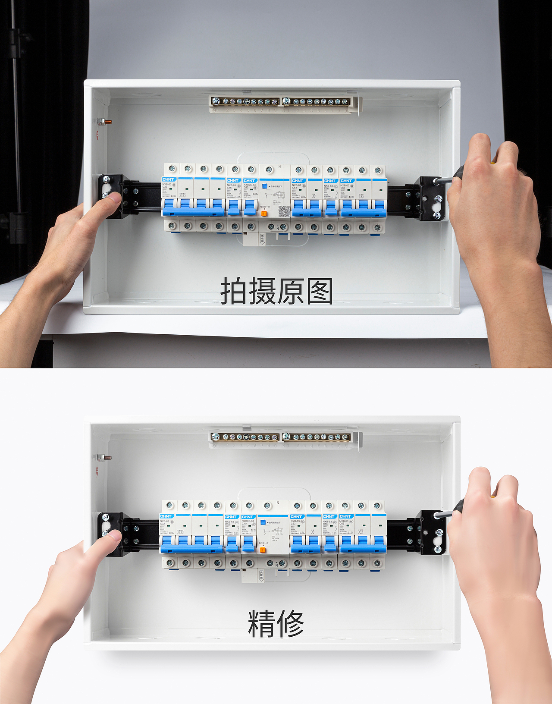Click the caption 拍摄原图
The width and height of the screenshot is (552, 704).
click(x=276, y=291)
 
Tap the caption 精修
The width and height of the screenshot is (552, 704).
click(x=276, y=623)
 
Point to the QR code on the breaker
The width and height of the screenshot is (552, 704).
click(x=283, y=211)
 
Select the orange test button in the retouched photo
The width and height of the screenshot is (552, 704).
click(x=263, y=550)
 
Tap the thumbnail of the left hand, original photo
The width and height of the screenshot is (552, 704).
click(x=114, y=199)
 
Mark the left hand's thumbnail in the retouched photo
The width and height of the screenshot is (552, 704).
click(x=114, y=536)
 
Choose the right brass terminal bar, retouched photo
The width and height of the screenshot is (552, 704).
click(x=317, y=437)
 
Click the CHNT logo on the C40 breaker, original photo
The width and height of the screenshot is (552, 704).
click(x=249, y=180)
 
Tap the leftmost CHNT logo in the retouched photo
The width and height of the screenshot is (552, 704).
click(x=166, y=516)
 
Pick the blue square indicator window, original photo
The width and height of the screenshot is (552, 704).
click(x=264, y=186)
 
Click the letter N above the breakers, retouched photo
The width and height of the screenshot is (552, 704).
click(x=278, y=503)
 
